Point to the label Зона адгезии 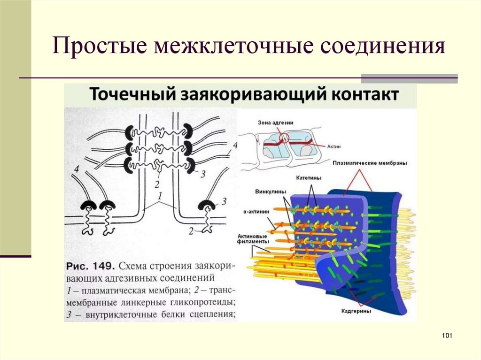tap(276, 123)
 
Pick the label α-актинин tap(257, 212)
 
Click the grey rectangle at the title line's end tap(409, 78)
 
